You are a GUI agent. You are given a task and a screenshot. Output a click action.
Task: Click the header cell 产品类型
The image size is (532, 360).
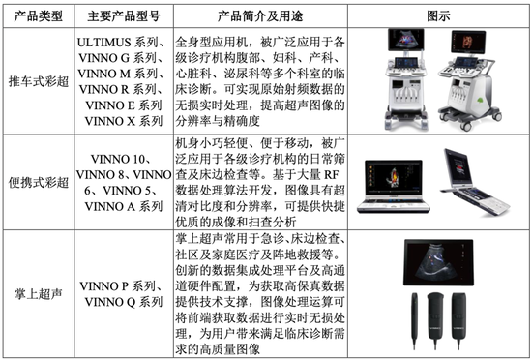39,17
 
